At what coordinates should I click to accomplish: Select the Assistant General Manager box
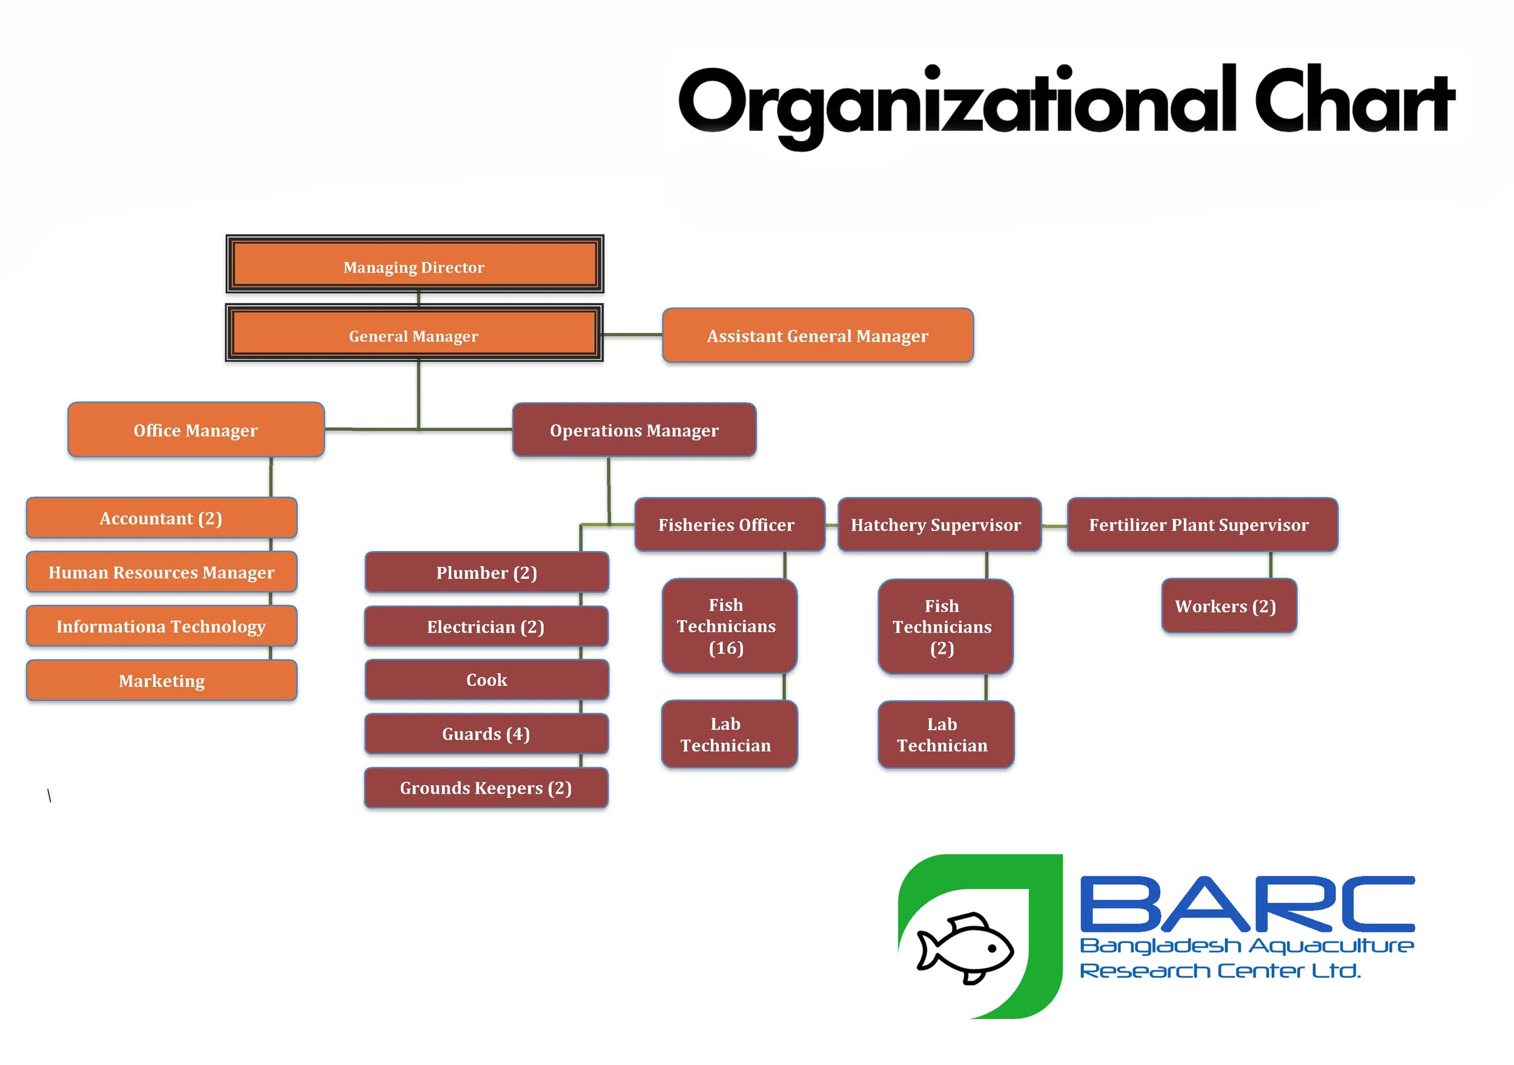[818, 335]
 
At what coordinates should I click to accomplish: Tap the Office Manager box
[196, 430]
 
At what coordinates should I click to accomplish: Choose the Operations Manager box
[633, 430]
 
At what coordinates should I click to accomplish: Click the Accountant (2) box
[162, 518]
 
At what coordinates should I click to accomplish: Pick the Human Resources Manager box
[162, 572]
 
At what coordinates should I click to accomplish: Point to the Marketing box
[162, 681]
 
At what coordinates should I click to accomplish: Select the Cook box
[487, 680]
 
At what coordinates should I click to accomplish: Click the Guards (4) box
[487, 734]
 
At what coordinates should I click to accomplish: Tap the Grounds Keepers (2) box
[487, 788]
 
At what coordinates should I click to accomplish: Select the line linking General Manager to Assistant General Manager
[632, 335]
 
